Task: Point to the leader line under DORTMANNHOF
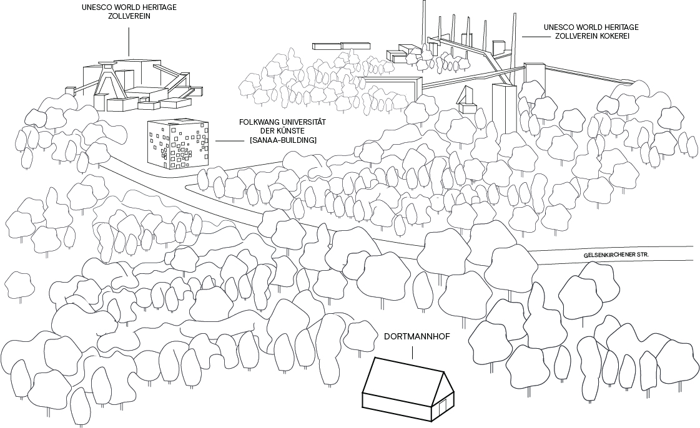(413, 352)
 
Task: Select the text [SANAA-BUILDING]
(283, 140)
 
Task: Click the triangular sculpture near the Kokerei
(466, 97)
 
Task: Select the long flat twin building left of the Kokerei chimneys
(342, 46)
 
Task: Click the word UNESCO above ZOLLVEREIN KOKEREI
(560, 27)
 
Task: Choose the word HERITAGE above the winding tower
(155, 8)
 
